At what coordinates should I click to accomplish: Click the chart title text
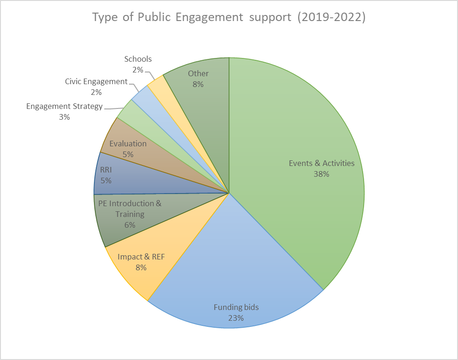[229, 17]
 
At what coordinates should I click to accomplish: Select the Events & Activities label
[322, 164]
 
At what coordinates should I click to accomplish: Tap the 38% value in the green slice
[322, 174]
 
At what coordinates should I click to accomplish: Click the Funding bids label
[236, 308]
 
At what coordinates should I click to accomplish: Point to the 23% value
[236, 318]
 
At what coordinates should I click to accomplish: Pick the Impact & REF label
[141, 257]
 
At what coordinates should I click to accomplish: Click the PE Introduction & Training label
[129, 209]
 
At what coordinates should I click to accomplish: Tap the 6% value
[129, 225]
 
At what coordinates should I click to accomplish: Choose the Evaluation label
[128, 144]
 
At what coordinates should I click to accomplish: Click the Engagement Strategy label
[64, 107]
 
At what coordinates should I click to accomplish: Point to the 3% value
[64, 117]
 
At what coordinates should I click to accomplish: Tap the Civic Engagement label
[96, 82]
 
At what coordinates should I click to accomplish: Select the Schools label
[138, 59]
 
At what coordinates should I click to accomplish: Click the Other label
[198, 74]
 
